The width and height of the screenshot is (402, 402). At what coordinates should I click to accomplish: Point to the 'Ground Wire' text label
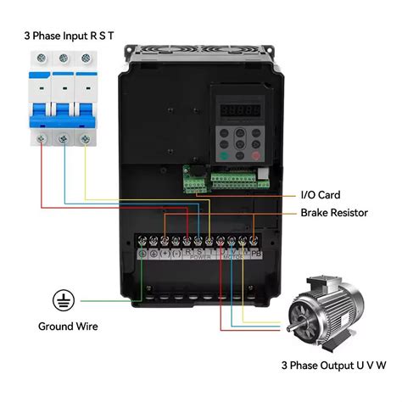(x=68, y=326)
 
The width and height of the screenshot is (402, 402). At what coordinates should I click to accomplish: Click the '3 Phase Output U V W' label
(x=332, y=366)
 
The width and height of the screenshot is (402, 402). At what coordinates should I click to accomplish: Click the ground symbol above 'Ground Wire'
(x=61, y=299)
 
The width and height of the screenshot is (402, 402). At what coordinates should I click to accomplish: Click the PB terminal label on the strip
(x=256, y=253)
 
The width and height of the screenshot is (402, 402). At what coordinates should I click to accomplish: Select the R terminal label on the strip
(x=187, y=252)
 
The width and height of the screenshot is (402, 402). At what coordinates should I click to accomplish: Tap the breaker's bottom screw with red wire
(x=42, y=137)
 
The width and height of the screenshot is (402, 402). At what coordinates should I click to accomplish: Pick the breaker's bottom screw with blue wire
(x=62, y=137)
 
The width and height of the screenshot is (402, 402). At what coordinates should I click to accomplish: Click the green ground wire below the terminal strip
(x=142, y=280)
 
